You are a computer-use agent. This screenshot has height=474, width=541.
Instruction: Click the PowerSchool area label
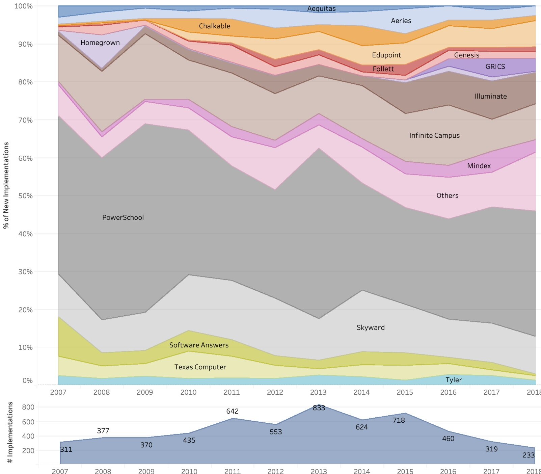(x=123, y=217)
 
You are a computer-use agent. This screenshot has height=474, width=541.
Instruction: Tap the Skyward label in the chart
(x=371, y=327)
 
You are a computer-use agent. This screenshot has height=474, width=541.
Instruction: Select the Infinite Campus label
(x=434, y=135)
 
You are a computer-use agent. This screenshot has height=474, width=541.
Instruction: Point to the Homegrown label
(x=100, y=43)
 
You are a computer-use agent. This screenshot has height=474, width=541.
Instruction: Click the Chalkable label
(x=214, y=26)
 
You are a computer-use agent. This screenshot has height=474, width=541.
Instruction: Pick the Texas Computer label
(x=200, y=367)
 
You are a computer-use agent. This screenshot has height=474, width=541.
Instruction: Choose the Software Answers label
(x=199, y=345)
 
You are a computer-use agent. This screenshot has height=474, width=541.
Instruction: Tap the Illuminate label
(x=490, y=96)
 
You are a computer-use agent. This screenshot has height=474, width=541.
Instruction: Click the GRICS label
(x=495, y=67)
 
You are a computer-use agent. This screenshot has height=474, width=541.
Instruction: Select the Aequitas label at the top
(x=321, y=9)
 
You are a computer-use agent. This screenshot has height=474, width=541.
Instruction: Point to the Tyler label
(x=454, y=380)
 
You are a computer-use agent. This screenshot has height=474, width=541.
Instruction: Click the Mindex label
(x=479, y=166)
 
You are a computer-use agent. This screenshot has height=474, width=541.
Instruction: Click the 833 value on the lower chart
(x=319, y=408)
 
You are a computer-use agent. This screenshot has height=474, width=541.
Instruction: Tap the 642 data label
(x=232, y=411)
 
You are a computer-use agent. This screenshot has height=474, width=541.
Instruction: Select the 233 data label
(x=528, y=455)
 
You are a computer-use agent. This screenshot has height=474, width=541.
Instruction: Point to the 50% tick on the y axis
(x=25, y=196)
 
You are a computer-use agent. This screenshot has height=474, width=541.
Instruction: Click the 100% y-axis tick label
(x=23, y=6)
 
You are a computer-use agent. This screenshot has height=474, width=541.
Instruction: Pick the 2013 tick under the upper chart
(x=318, y=392)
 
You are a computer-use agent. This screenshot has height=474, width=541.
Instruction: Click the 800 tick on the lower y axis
(x=28, y=407)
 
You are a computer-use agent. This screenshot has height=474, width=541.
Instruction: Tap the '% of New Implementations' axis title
(x=6, y=185)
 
